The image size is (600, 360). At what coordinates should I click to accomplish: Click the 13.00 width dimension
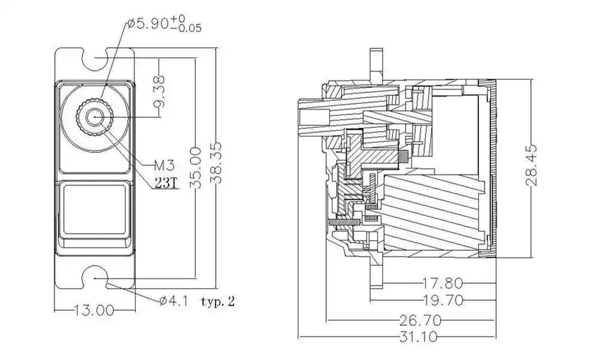(x=93, y=310)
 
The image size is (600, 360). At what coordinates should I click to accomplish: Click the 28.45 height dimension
(x=535, y=166)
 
